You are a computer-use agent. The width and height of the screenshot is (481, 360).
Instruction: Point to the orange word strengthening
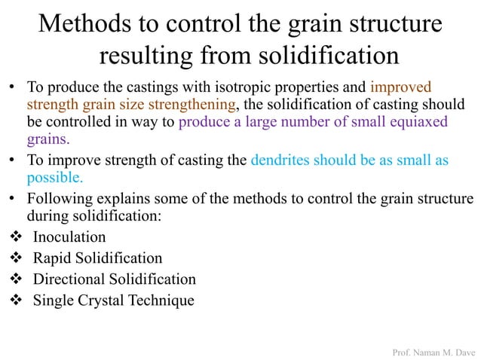(x=191, y=104)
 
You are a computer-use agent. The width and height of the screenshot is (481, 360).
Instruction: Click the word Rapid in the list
(x=51, y=258)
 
